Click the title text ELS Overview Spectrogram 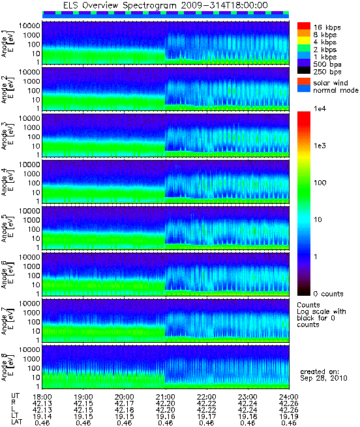pyautogui.click(x=120, y=5)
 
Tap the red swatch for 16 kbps pyautogui.click(x=304, y=26)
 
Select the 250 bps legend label pyautogui.click(x=327, y=72)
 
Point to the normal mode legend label pyautogui.click(x=336, y=90)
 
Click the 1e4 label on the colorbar pyautogui.click(x=320, y=108)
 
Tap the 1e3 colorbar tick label pyautogui.click(x=320, y=146)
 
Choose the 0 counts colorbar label pyautogui.click(x=328, y=294)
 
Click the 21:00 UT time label pyautogui.click(x=166, y=397)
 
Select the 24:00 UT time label pyautogui.click(x=289, y=397)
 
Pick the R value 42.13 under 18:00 pyautogui.click(x=42, y=403)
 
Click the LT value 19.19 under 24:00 pyautogui.click(x=289, y=417)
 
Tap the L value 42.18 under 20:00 pyautogui.click(x=125, y=410)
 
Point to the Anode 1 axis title pyautogui.click(x=7, y=44)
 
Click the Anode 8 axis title pyautogui.click(x=7, y=368)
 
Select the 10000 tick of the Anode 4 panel pyautogui.click(x=29, y=165)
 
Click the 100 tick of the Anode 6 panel pyautogui.click(x=34, y=276)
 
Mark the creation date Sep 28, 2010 pyautogui.click(x=323, y=378)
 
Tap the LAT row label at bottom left pyautogui.click(x=17, y=422)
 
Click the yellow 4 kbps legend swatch pyautogui.click(x=304, y=41)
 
